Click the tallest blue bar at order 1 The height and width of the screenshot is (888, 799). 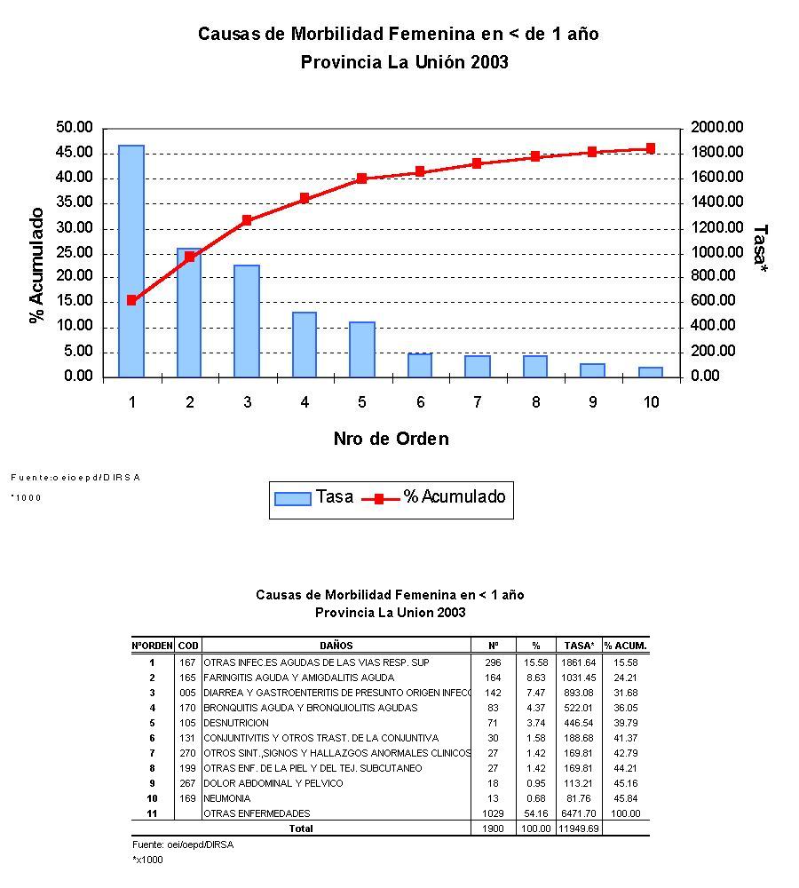coord(131,260)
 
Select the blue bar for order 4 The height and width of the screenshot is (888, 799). coord(305,345)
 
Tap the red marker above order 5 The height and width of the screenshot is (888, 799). coord(362,178)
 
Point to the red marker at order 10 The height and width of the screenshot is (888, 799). coord(651,148)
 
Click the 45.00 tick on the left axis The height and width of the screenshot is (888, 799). coord(75,153)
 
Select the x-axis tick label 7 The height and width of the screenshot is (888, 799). coord(478,402)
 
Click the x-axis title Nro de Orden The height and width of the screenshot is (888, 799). coord(391,439)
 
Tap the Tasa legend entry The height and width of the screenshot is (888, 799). coord(314,497)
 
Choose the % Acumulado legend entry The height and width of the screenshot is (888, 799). coord(435,497)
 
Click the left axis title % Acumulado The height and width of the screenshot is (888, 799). coord(37,266)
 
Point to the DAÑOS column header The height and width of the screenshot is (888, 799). coord(336,646)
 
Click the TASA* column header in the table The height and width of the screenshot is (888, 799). coord(579,646)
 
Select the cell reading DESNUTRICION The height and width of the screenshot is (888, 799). coord(236,723)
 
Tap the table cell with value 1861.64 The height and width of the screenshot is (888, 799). coord(579,662)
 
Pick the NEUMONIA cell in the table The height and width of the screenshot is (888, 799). coord(226,798)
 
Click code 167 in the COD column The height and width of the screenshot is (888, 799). coord(187,662)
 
